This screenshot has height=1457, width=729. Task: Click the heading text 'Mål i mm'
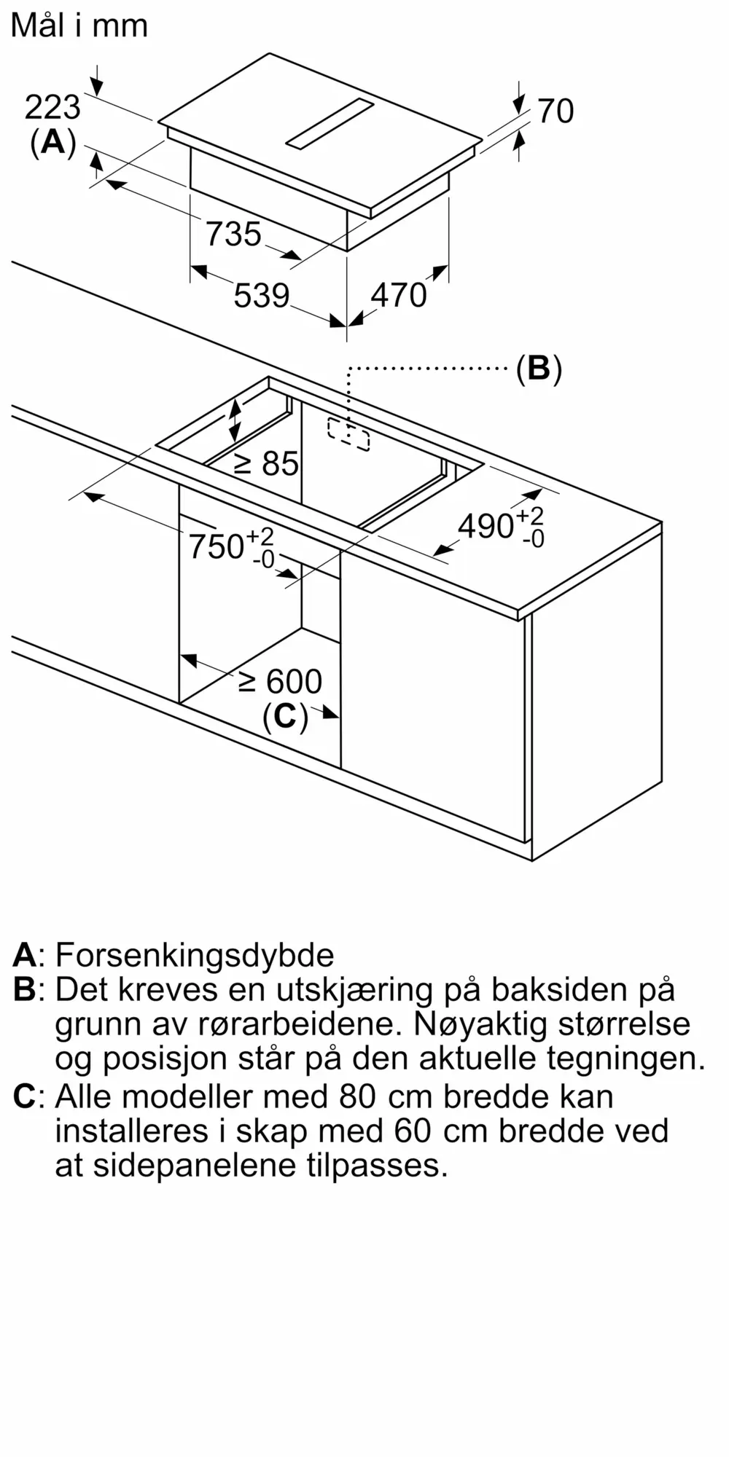coord(79,25)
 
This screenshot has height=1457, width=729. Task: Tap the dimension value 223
coord(52,108)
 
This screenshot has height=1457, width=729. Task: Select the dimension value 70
coord(555,111)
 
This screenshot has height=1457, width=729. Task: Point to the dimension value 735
coord(233,234)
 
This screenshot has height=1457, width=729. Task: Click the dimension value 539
coord(262,296)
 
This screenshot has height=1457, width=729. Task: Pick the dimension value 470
coord(398,295)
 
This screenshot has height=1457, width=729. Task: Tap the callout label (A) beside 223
coord(53,142)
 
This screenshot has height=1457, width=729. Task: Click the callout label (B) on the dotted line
coord(539,369)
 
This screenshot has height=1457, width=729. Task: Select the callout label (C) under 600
coord(285,717)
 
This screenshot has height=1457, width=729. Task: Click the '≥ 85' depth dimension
coord(267,463)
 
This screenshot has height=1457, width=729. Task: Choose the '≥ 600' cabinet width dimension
coord(281,682)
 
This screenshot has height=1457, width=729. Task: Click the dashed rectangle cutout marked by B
coord(348,434)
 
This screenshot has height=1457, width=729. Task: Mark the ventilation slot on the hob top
coord(330,123)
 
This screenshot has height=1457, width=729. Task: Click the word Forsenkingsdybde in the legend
coord(195,955)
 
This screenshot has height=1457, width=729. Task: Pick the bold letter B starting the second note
coord(24,989)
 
